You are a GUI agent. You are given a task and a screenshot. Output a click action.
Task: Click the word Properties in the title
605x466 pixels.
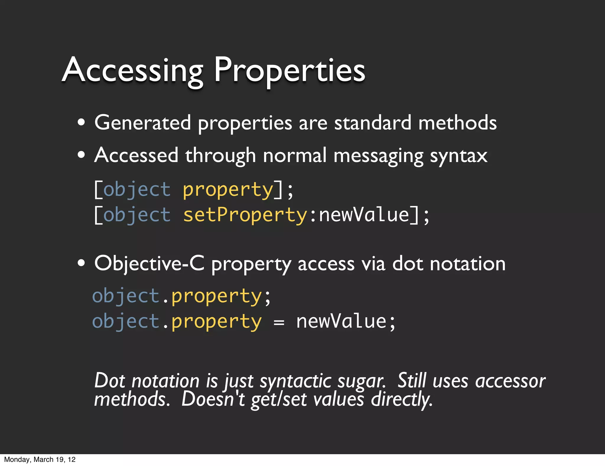click(289, 70)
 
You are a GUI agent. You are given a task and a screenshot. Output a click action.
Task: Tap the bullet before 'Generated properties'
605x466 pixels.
click(81, 122)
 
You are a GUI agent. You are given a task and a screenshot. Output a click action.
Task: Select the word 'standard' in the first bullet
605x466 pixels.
click(373, 122)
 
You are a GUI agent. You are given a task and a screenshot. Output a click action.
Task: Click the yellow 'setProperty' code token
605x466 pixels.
click(245, 215)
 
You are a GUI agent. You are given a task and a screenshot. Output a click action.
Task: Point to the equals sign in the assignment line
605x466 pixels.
click(279, 322)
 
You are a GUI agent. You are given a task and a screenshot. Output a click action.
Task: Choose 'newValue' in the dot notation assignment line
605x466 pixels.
click(341, 321)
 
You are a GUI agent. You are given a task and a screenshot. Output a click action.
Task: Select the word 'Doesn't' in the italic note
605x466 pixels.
click(213, 399)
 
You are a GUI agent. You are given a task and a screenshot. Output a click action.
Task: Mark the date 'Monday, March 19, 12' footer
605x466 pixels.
click(40, 459)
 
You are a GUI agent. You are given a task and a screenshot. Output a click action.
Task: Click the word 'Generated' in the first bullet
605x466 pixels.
click(143, 122)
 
